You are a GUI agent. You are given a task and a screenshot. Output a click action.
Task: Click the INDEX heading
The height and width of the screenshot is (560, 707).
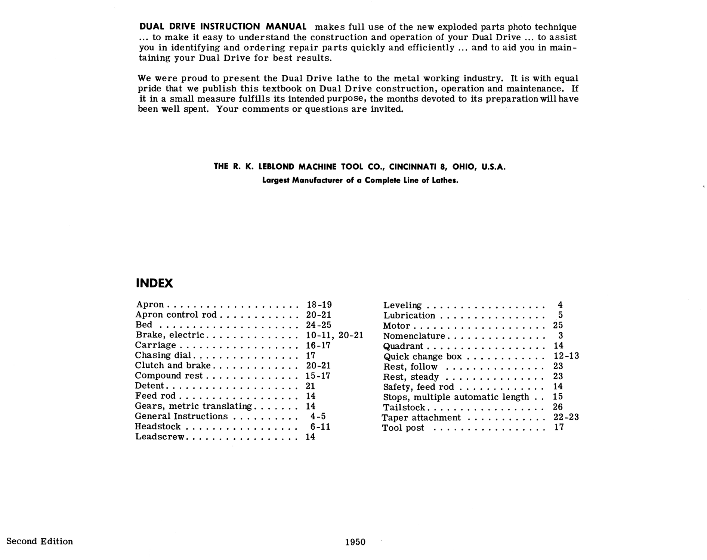[x=154, y=283]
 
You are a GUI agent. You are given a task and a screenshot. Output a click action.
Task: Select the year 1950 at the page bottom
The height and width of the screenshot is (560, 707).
[x=355, y=542]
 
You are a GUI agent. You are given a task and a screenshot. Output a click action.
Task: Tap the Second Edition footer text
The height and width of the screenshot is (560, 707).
[x=40, y=541]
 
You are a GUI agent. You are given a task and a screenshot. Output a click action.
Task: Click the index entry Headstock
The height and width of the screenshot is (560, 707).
[x=158, y=426]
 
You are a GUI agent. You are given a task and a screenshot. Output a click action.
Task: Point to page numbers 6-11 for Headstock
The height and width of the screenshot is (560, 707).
[x=320, y=426]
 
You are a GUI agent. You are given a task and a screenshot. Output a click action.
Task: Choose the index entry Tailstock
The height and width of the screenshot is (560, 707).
[x=404, y=407]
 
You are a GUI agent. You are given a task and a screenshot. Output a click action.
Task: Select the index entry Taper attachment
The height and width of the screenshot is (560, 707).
[x=421, y=417]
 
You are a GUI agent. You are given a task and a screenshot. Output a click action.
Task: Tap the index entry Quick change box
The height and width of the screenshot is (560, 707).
[x=423, y=357]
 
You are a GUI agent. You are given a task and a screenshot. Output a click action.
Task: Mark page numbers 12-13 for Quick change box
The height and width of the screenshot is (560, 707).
[x=566, y=356]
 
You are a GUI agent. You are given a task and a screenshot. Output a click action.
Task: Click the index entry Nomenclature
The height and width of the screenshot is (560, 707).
[x=414, y=336]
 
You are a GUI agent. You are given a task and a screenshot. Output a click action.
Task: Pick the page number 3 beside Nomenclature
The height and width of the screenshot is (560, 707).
[x=561, y=336]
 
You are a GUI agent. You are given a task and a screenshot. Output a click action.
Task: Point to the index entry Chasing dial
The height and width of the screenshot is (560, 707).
[x=163, y=355]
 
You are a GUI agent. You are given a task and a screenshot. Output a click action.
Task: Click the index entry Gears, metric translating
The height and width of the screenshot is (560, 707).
[x=193, y=406]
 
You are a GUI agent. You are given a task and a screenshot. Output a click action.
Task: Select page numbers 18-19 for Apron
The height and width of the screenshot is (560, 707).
[x=319, y=305]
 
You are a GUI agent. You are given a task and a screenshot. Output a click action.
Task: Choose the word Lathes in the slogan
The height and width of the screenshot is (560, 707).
[x=445, y=181]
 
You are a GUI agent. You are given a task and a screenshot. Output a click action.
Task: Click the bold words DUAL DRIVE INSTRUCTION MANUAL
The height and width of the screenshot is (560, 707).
[x=223, y=27]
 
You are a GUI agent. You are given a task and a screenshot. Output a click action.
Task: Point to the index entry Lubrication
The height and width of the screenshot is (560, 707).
[x=409, y=315]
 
